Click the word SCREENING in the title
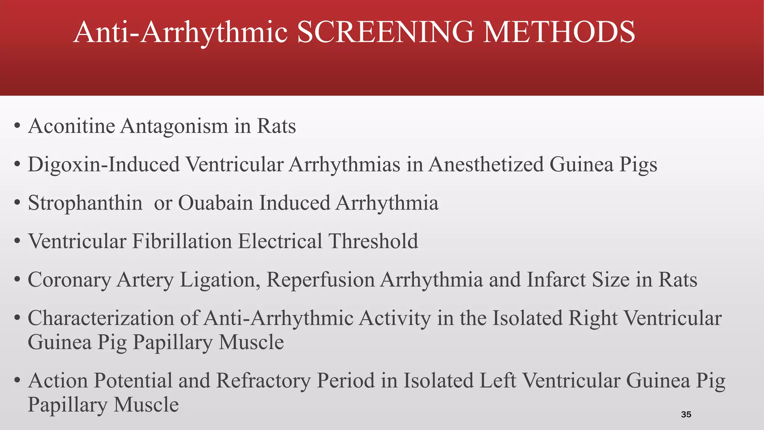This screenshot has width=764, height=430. (385, 32)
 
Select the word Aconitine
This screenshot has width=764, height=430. (72, 126)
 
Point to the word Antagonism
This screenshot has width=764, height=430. (174, 126)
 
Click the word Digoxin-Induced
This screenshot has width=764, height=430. (104, 164)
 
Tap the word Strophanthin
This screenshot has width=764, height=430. (85, 203)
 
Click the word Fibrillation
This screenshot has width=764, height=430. (182, 241)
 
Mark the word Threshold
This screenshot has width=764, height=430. (373, 241)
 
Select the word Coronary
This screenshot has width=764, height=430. (69, 280)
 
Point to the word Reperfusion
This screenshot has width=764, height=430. (320, 280)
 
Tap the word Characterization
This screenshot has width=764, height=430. (101, 318)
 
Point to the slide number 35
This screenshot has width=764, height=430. (686, 414)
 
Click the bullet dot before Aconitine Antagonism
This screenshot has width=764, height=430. (17, 127)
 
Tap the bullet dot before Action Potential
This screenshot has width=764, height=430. (17, 381)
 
